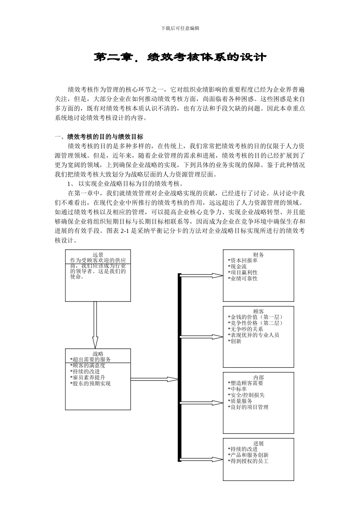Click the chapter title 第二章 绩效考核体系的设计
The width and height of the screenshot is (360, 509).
pyautogui.click(x=180, y=57)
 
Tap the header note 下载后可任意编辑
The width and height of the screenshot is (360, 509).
pyautogui.click(x=180, y=28)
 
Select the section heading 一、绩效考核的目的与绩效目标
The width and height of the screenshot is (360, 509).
pyautogui.click(x=99, y=137)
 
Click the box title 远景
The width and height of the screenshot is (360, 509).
pyautogui.click(x=98, y=255)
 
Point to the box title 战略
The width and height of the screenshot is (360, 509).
pyautogui.click(x=98, y=354)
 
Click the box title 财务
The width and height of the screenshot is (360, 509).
pyautogui.click(x=258, y=255)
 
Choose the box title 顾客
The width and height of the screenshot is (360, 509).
pyautogui.click(x=258, y=311)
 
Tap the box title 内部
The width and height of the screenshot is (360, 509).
pyautogui.click(x=258, y=377)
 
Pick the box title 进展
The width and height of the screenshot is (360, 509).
pyautogui.click(x=258, y=443)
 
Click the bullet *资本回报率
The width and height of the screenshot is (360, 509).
pyautogui.click(x=243, y=261)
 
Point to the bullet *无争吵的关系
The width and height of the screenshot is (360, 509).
pyautogui.click(x=245, y=329)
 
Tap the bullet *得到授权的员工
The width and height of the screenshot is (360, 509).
pyautogui.click(x=248, y=461)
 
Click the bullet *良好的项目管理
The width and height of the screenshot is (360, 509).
pyautogui.click(x=248, y=407)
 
